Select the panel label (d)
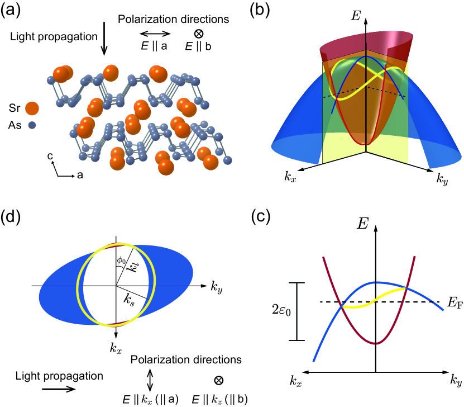(12, 216)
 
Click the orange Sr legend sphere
(32, 108)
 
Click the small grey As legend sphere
(32, 125)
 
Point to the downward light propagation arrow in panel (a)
(104, 44)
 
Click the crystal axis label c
(50, 158)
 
